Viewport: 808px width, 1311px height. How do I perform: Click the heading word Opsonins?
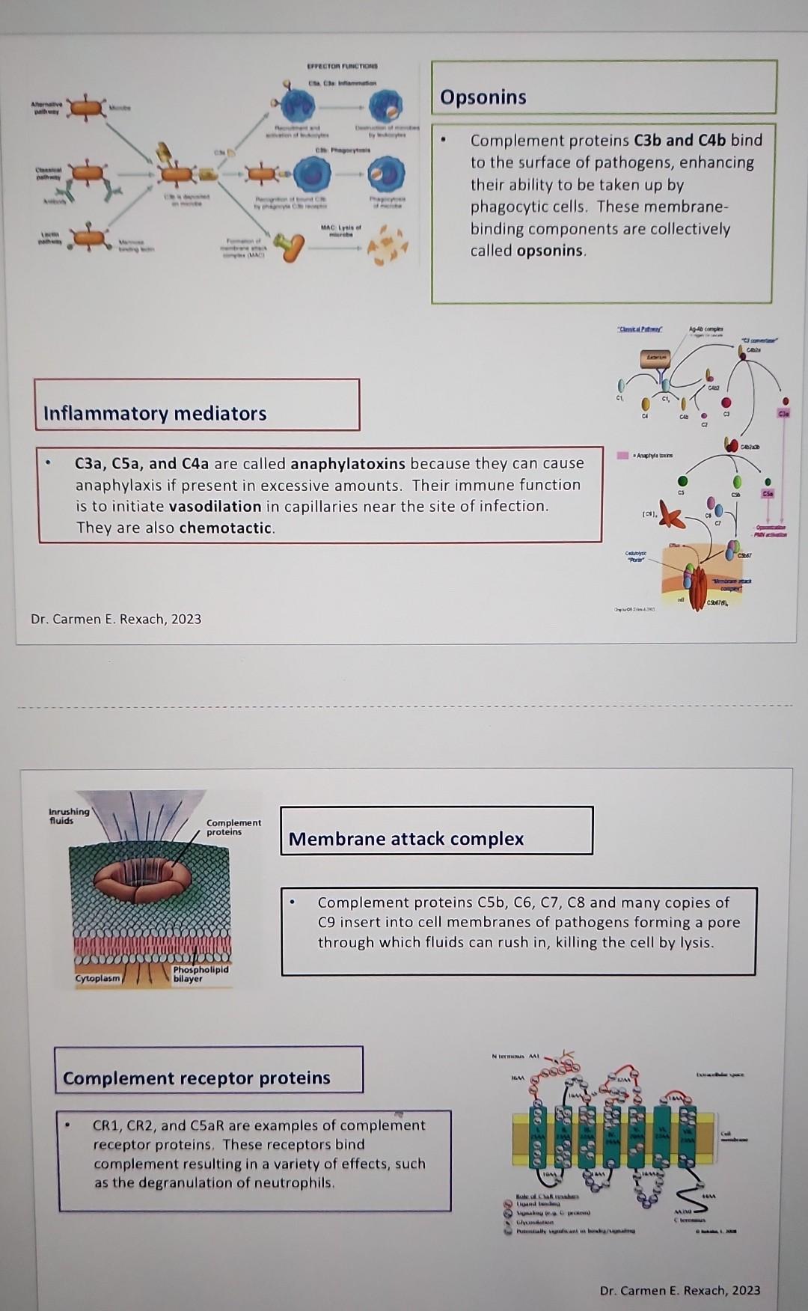483,97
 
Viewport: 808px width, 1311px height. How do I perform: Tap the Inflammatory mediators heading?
155,414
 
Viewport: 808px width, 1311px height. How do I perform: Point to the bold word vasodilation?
215,507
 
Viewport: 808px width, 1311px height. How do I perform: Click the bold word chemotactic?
226,528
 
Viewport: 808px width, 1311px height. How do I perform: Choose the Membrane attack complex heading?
406,839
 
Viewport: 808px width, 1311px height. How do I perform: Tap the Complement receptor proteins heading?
197,1078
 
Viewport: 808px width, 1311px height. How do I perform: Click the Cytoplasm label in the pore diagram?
97,979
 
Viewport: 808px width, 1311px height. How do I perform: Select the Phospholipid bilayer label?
200,974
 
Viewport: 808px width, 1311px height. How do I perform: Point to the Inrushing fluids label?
68,816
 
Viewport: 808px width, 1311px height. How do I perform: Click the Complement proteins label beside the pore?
233,827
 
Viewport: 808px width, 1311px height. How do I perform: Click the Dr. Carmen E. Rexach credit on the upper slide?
116,619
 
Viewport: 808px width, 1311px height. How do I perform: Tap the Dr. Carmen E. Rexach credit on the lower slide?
679,1290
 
